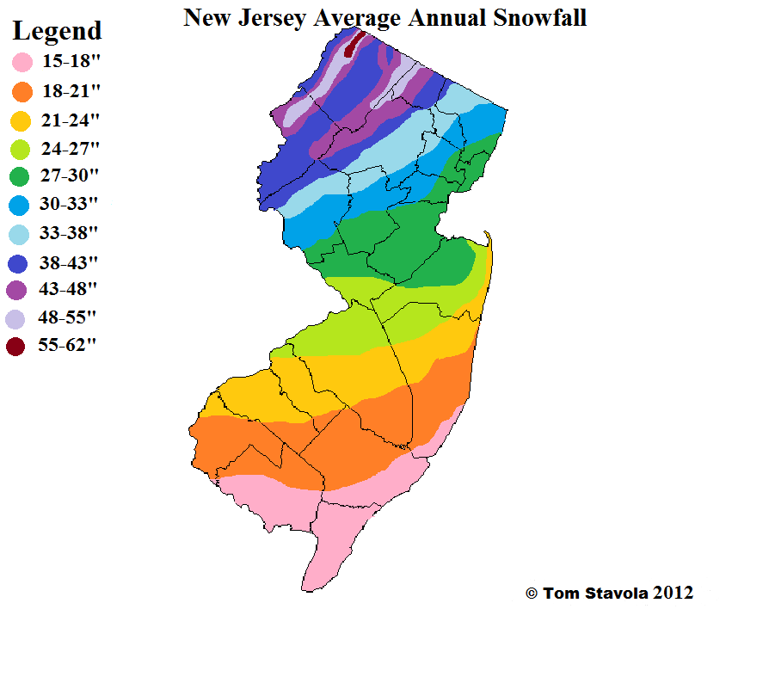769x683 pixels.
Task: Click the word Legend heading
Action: pos(57,32)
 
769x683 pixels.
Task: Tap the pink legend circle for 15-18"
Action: pos(22,62)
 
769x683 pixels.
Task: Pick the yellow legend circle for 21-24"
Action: pos(22,120)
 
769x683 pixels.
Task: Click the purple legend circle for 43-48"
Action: pos(16,289)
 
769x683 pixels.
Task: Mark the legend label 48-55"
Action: pos(71,317)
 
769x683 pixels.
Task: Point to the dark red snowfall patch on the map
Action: pos(350,46)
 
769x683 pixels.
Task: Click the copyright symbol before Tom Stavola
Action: pos(532,594)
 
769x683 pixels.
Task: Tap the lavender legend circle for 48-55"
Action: pos(16,318)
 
